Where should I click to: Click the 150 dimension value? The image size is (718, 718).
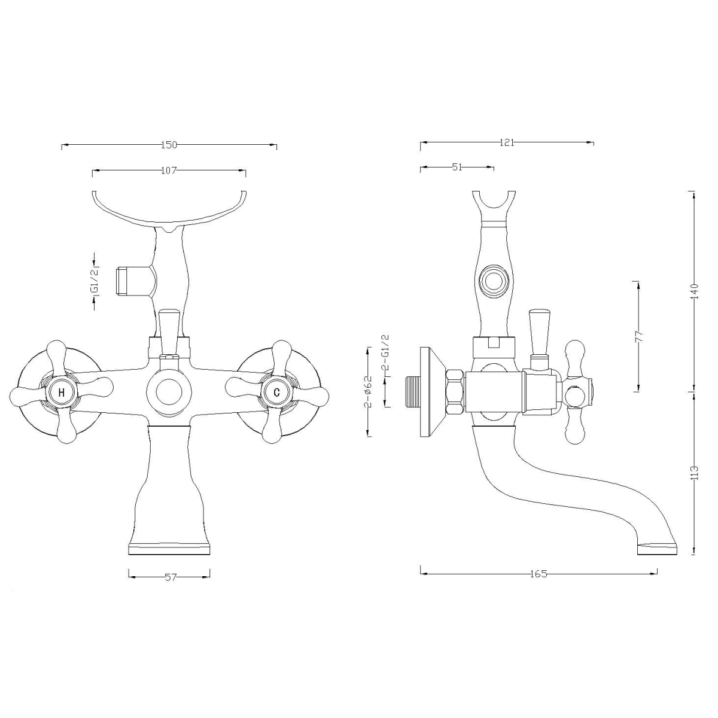pyautogui.click(x=169, y=145)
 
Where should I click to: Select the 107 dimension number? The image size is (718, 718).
pyautogui.click(x=169, y=171)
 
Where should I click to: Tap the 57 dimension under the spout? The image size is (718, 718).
pyautogui.click(x=171, y=577)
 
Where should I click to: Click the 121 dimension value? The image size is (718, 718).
pyautogui.click(x=507, y=142)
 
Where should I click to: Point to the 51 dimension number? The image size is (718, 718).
pyautogui.click(x=457, y=168)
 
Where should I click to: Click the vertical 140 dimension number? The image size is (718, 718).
pyautogui.click(x=694, y=291)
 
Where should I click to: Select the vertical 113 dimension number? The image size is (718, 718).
pyautogui.click(x=694, y=473)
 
